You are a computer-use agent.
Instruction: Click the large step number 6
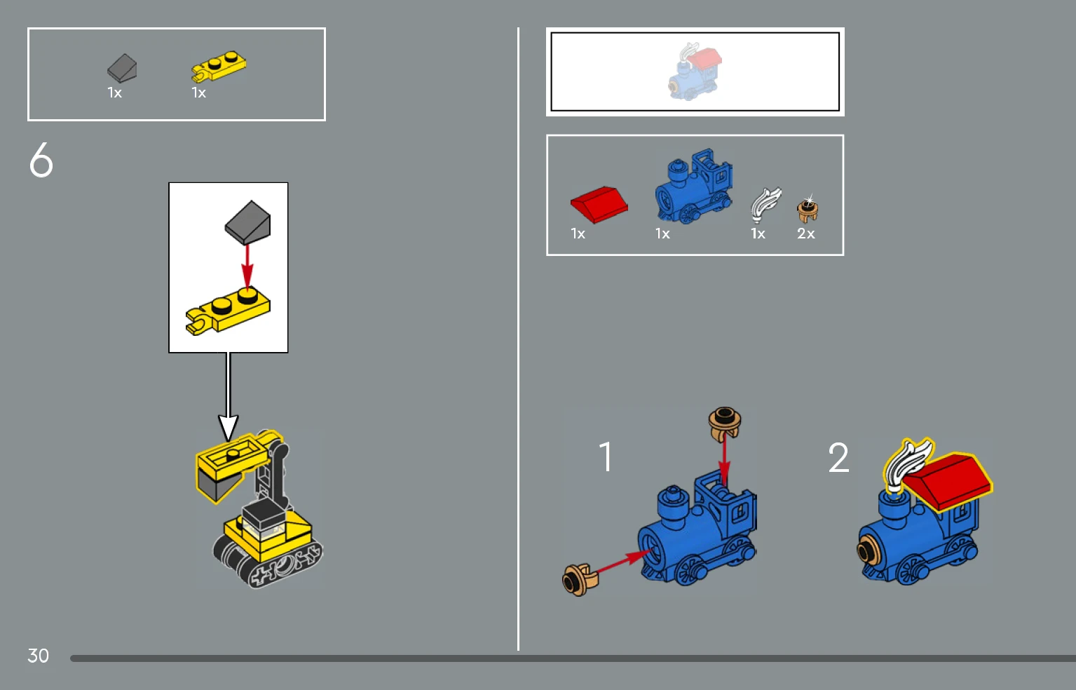click(41, 160)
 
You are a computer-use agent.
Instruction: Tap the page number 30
click(38, 656)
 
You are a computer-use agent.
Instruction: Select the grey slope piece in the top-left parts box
click(122, 68)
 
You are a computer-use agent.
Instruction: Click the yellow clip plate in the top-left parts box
click(219, 67)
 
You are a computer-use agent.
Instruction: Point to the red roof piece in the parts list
click(599, 204)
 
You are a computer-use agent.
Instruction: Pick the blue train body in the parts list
click(694, 187)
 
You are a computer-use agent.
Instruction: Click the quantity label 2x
click(806, 234)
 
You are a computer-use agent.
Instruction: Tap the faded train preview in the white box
click(695, 72)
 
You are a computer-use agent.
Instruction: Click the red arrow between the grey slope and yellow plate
click(247, 266)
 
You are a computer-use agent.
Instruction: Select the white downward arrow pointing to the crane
click(229, 396)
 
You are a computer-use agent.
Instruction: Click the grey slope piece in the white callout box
click(248, 222)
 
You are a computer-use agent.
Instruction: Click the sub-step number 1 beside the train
click(606, 456)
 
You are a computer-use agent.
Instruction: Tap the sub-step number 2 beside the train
click(838, 457)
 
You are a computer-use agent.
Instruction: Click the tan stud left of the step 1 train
click(580, 580)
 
